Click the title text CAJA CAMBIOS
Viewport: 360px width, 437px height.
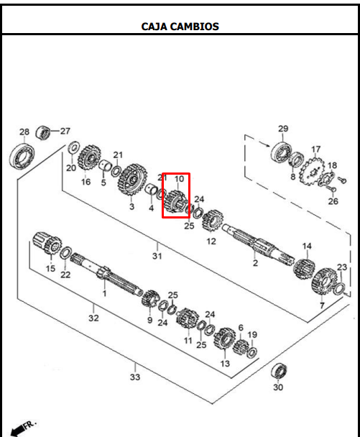pyautogui.click(x=180, y=27)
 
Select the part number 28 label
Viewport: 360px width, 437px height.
pyautogui.click(x=24, y=132)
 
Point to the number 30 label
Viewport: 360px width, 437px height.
pyautogui.click(x=278, y=388)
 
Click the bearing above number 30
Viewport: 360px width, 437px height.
pyautogui.click(x=279, y=372)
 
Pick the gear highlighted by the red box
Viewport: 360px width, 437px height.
pyautogui.click(x=175, y=198)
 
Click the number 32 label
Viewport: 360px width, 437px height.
pyautogui.click(x=93, y=317)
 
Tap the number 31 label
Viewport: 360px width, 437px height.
pyautogui.click(x=157, y=256)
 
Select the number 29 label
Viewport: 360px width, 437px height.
pyautogui.click(x=283, y=129)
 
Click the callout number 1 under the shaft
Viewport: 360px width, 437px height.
pyautogui.click(x=103, y=293)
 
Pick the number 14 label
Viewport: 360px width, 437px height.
pyautogui.click(x=307, y=247)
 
